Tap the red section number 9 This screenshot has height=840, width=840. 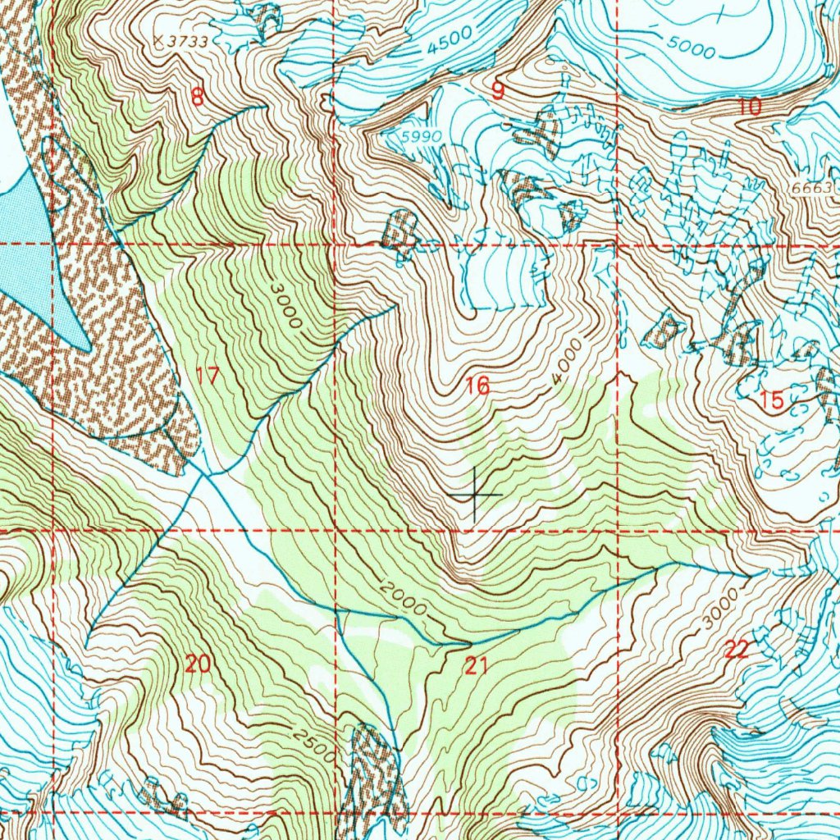(x=498, y=91)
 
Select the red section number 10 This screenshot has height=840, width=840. (x=749, y=106)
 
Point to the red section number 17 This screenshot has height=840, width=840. (x=208, y=377)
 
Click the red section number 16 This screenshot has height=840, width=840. (x=477, y=386)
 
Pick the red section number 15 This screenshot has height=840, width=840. (x=772, y=400)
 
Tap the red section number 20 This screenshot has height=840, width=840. (x=197, y=664)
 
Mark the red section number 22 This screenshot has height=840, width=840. (x=737, y=651)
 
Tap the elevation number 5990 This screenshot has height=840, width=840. (x=422, y=135)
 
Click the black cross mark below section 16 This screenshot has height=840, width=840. (x=475, y=495)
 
